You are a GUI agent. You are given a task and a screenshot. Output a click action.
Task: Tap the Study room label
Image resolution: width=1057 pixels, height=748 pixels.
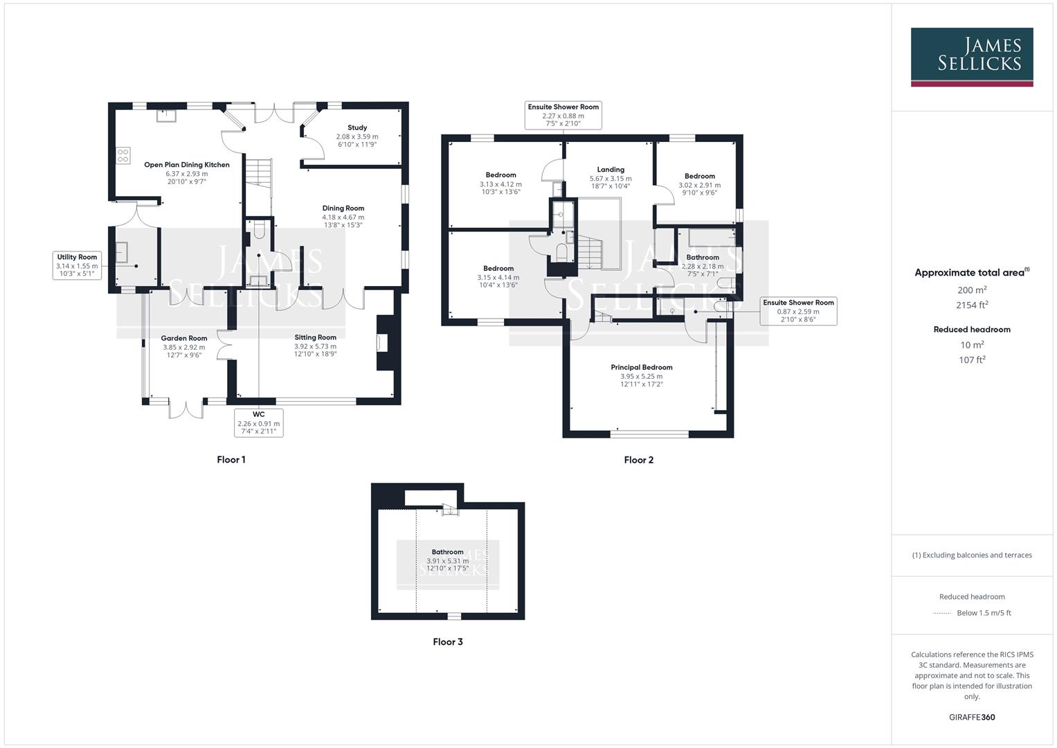coord(357,127)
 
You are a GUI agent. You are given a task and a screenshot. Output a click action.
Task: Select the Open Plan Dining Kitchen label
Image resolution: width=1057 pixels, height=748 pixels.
coord(186,165)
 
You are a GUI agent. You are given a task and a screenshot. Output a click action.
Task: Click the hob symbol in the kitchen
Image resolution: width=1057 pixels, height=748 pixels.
coord(123,156)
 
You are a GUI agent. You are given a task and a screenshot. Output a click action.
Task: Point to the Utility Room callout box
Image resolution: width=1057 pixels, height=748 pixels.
coord(77,265)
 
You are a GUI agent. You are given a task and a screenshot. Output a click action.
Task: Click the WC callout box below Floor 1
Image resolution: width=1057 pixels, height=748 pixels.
coord(258,422)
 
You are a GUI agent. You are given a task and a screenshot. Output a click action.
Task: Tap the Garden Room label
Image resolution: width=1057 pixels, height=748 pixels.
coord(184,338)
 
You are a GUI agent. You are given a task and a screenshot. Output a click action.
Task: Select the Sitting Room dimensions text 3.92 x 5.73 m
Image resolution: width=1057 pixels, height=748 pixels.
coord(315,346)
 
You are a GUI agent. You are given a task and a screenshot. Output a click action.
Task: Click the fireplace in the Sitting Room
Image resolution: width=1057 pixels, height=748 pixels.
coord(383,344)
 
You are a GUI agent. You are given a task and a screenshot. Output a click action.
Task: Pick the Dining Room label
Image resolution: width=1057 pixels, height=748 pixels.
coord(343,208)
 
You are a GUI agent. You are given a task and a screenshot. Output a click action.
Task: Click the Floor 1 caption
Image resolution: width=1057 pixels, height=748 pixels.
coord(231,460)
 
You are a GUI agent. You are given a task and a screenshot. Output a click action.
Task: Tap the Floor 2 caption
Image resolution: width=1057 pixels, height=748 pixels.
coord(638,460)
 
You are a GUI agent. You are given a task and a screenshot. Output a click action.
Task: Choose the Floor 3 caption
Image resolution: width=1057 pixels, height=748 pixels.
coord(448,642)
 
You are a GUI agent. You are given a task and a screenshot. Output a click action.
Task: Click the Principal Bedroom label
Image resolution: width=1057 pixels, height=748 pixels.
coord(642,367)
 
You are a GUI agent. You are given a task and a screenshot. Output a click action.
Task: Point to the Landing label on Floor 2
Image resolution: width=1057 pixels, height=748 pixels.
coord(611,169)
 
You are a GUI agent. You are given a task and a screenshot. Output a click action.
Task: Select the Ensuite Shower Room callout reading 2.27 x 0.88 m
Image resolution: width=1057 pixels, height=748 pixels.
coord(563,115)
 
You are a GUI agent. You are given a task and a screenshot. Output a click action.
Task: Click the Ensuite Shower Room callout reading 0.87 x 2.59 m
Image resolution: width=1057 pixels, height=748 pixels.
coord(797,311)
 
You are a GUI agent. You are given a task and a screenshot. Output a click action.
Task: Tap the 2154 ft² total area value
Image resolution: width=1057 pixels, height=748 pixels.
coord(972,305)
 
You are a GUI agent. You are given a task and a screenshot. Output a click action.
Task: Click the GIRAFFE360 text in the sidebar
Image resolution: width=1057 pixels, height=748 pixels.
coord(972,718)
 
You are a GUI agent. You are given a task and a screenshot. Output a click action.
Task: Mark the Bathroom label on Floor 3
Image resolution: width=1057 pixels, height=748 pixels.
coord(447,552)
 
